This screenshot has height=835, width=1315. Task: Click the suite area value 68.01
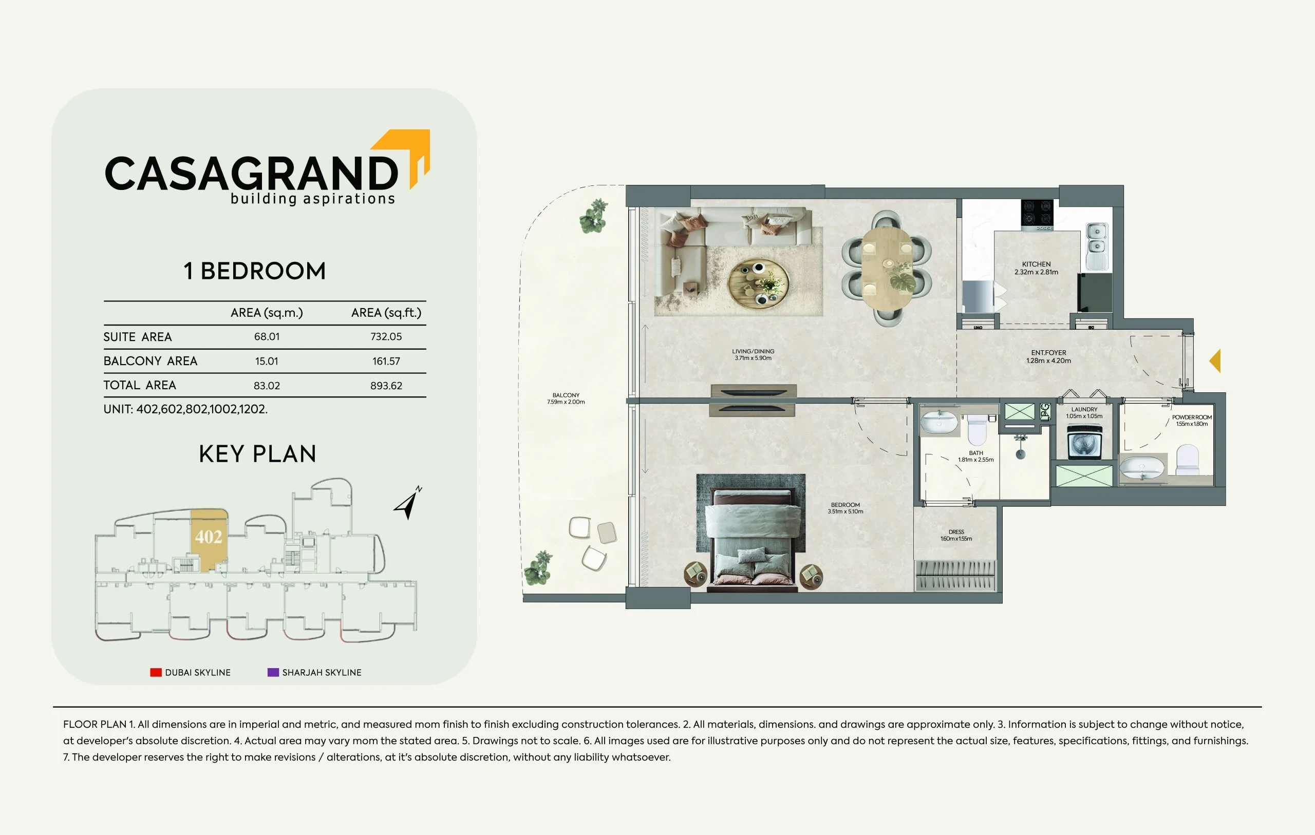coord(267,337)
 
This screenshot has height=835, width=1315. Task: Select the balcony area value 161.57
coord(386,361)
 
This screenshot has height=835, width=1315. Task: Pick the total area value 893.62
coord(386,386)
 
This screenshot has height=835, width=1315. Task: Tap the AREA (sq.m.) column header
coord(267,313)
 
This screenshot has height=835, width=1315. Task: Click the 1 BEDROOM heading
coord(254,271)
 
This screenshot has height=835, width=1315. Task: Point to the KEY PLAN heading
coord(258,454)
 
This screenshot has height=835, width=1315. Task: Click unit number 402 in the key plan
coord(209,537)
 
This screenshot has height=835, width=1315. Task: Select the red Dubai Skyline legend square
coord(156,672)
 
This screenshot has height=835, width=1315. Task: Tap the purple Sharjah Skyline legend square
coord(273,672)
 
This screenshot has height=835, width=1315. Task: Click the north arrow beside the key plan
coord(407,503)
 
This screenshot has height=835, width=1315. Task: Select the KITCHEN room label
coord(1037,264)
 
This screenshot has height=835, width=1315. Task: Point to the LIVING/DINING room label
coord(753,352)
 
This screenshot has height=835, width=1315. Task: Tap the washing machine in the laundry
coord(1084,442)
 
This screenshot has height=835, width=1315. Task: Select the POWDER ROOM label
coord(1192,417)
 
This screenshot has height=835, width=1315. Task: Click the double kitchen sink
coord(1097,246)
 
